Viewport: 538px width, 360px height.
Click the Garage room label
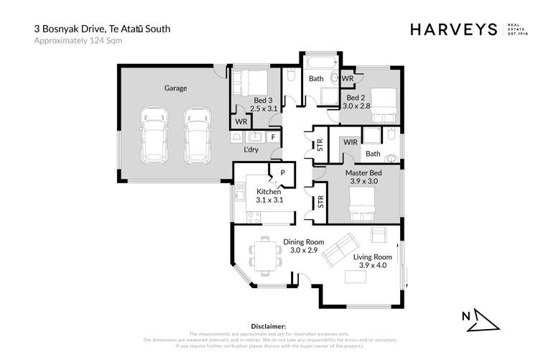coord(175,88)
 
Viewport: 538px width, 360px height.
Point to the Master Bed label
coord(363,173)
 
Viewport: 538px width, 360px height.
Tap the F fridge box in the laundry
coord(273,137)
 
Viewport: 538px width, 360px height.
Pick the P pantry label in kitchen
coord(282,172)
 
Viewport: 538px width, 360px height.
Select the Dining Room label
coord(300,242)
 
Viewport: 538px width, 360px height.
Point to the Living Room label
coord(372,257)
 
